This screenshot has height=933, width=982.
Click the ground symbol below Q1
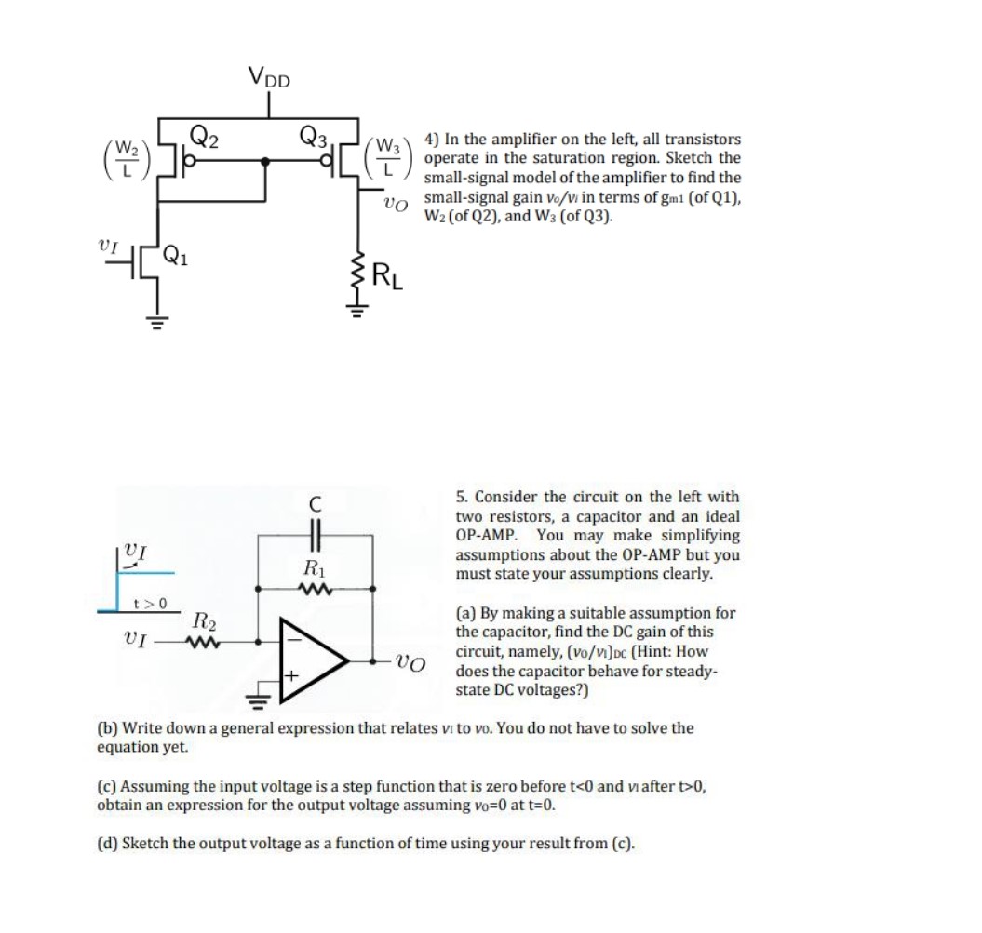tap(155, 319)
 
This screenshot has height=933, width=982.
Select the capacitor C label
tap(316, 504)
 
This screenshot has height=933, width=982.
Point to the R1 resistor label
tap(313, 566)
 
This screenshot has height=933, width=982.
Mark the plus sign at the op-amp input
tap(290, 679)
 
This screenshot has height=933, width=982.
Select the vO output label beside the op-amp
tap(410, 662)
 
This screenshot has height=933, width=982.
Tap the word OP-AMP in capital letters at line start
tap(481, 536)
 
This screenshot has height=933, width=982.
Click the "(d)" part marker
tap(109, 845)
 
